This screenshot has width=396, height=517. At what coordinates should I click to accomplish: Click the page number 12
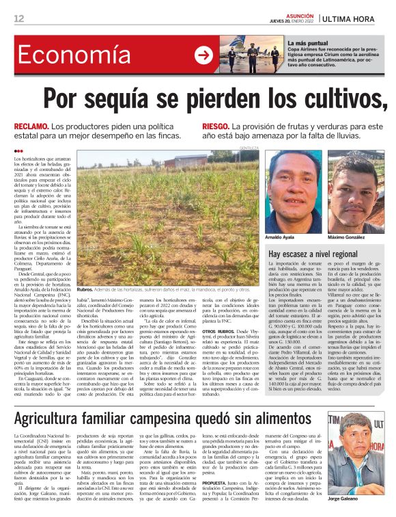click(18, 18)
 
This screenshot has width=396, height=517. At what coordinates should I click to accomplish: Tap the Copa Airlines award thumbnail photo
click(252, 54)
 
